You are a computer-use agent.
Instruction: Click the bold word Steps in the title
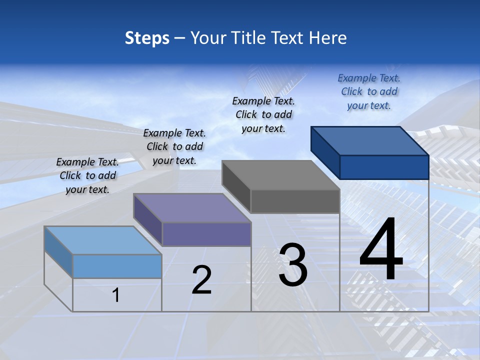coord(147,38)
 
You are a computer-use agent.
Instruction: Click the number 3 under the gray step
coord(293,265)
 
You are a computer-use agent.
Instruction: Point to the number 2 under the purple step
coord(201,280)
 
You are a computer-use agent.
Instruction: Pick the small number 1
coord(116,295)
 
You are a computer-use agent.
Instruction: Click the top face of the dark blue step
coord(369,141)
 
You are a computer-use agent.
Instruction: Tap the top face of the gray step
coord(280,175)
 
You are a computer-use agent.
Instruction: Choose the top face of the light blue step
coord(102,240)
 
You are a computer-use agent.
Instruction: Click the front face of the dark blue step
coord(384,167)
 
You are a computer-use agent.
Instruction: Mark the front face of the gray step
coord(295,201)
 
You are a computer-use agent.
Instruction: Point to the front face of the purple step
coord(206,234)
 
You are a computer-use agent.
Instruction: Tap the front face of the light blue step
coord(117,266)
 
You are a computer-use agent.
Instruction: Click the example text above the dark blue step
coord(369,91)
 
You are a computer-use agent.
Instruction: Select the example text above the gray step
coord(263,114)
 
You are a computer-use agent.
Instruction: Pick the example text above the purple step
coord(174,146)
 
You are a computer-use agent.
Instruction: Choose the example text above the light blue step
coord(87,175)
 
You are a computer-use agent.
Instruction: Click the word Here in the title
coord(328,38)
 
